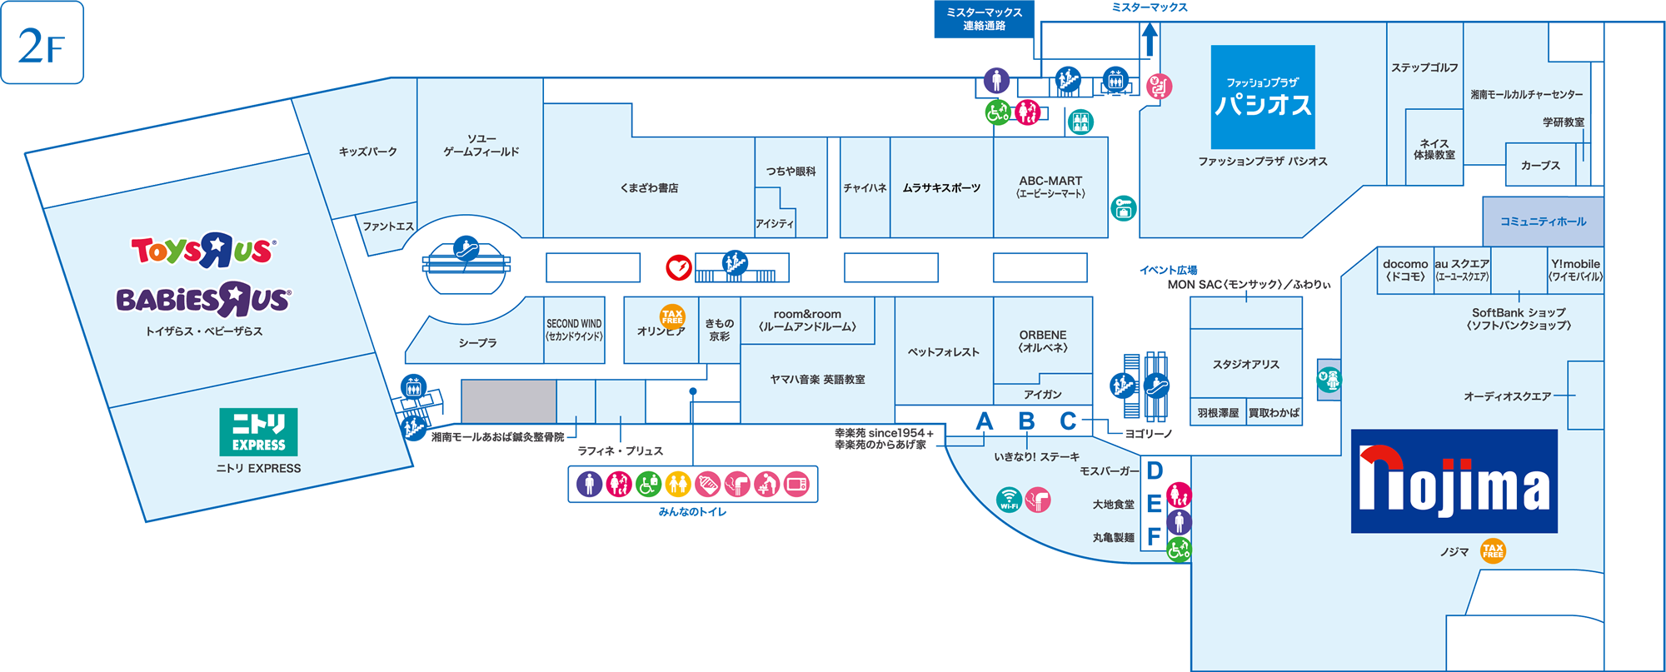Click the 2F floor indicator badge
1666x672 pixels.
42,42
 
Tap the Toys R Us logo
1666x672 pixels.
202,250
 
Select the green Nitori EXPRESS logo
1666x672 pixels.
258,432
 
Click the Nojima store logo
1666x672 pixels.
1454,481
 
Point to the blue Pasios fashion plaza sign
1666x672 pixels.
1263,97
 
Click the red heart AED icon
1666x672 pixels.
679,267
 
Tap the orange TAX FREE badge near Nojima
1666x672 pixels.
1493,550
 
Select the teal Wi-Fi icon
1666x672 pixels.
1009,500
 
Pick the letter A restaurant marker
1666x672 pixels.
985,421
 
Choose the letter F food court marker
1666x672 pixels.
1154,537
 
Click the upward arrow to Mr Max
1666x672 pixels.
1150,39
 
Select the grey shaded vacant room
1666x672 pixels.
509,401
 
